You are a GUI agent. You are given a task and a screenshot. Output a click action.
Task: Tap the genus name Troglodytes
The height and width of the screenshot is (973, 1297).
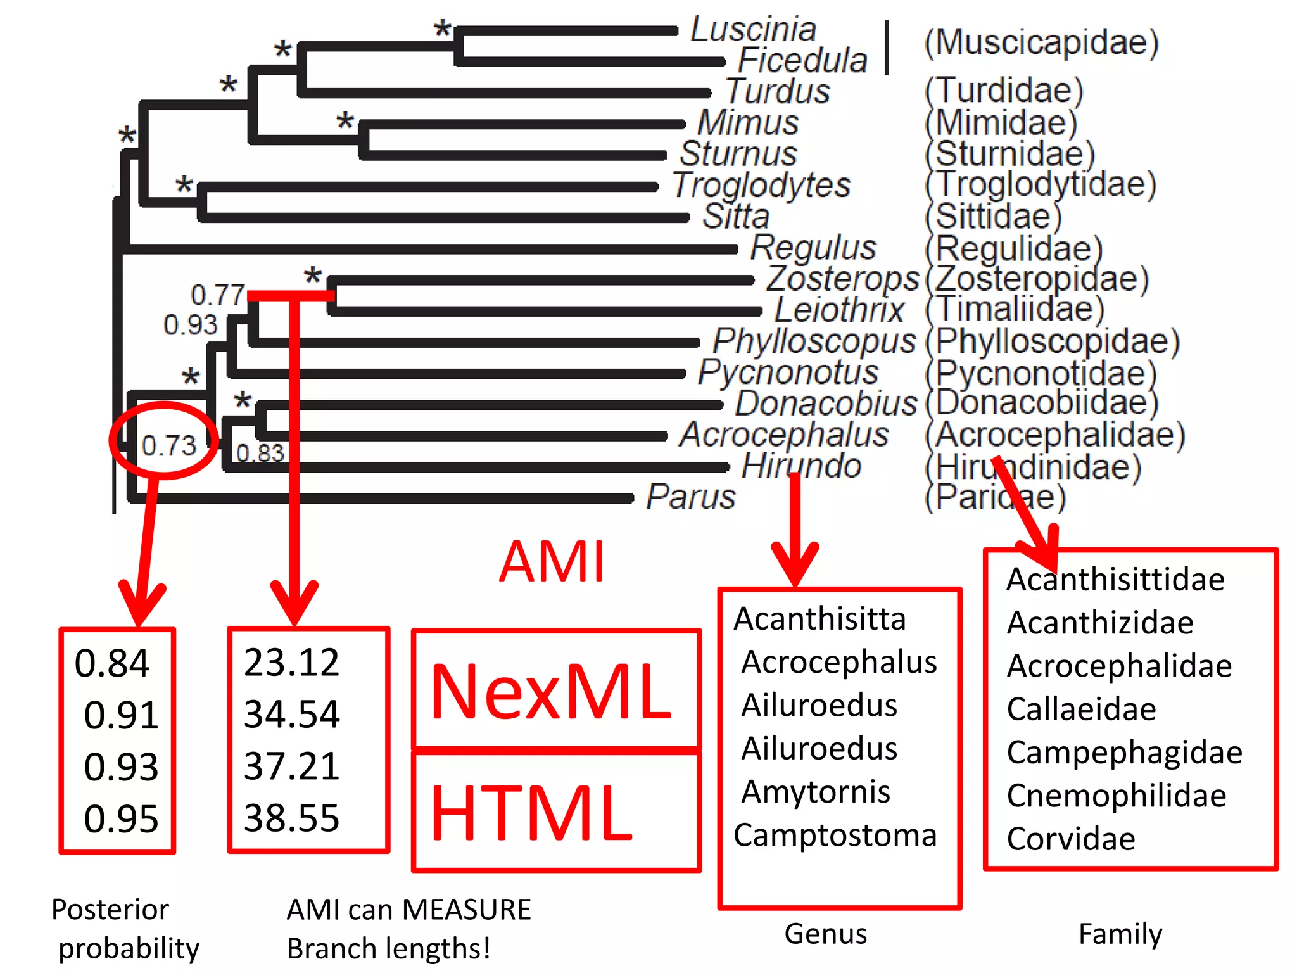(x=761, y=185)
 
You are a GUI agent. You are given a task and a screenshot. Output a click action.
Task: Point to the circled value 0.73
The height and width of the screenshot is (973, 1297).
(x=168, y=446)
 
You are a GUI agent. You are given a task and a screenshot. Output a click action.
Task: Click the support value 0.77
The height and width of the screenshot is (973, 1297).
(x=217, y=295)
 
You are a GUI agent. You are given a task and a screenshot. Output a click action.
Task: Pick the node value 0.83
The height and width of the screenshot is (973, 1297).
(x=260, y=454)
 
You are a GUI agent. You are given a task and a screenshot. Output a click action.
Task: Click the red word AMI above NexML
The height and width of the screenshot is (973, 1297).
(x=552, y=562)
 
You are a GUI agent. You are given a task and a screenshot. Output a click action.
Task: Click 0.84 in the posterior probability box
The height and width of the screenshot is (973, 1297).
(x=111, y=663)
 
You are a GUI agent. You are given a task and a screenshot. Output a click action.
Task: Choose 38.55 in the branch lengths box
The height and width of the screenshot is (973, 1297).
(x=291, y=818)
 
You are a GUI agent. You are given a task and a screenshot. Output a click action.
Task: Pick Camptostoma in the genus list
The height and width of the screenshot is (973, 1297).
(x=835, y=836)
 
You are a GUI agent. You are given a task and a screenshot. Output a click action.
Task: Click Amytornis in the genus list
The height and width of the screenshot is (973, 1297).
(x=816, y=792)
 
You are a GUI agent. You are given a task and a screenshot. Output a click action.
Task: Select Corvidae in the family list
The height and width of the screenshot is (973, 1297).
(x=1070, y=839)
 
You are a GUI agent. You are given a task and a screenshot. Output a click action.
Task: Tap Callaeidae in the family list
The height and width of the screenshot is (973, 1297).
(x=1081, y=709)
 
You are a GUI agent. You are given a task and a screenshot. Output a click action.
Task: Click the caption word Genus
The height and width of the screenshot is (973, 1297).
(x=825, y=934)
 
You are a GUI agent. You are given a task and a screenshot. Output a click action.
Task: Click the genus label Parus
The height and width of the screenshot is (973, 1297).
(x=690, y=497)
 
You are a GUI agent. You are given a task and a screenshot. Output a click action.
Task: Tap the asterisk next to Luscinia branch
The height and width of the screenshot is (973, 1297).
(x=442, y=29)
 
